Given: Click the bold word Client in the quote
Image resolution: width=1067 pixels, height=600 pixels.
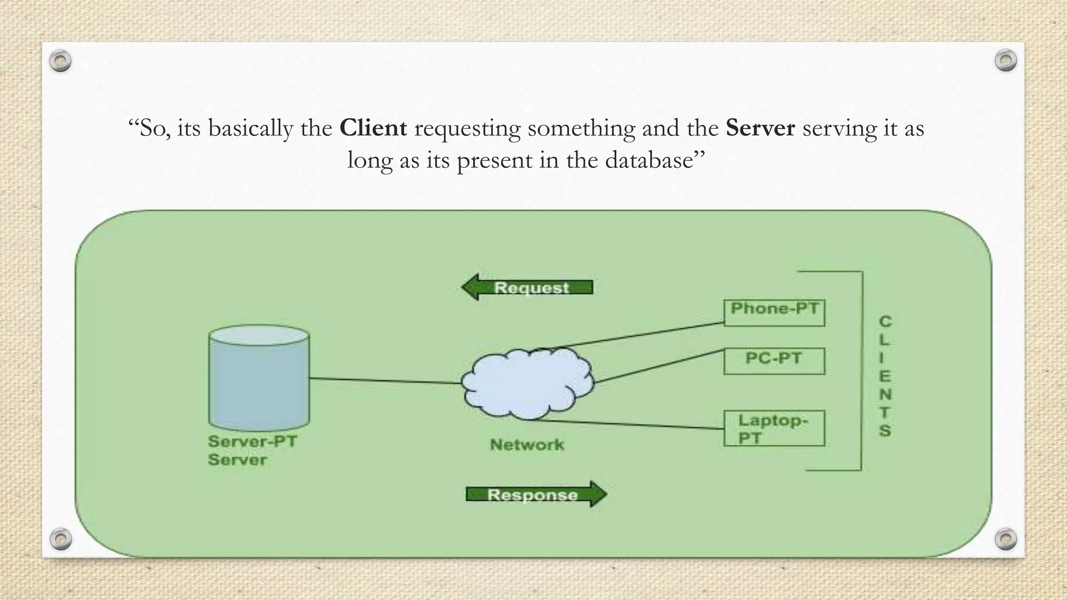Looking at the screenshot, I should pos(373,128).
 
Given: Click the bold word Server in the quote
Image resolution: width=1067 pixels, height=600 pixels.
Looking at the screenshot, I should pos(760,128).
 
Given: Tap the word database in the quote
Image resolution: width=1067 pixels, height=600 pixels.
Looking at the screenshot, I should pos(649,160).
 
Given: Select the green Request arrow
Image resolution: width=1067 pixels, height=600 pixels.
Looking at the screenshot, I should pos(528,287).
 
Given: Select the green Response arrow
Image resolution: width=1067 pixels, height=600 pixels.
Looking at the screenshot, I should pos(536,494).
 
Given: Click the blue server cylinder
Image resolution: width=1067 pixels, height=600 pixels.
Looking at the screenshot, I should pos(259,378).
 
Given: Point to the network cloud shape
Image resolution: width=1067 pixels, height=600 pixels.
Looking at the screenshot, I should pos(527,384).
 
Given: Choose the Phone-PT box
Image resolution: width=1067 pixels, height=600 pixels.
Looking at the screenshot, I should pos(774,313).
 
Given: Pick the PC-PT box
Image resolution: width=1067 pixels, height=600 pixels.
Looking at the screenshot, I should pos(774,361).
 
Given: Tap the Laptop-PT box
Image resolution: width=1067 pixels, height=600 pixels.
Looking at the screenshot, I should pos(774,429).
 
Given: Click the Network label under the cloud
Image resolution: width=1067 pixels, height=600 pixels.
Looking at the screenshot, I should pos(527,445).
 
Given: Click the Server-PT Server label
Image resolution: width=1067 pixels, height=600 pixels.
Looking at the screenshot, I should pos(252,451).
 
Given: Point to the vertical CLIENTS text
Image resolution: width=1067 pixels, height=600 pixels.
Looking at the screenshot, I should pos(885,376).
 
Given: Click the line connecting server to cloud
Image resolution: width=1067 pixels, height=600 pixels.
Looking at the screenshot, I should pos(386,381).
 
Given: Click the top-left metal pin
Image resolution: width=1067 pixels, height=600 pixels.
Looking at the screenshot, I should pos(60,61).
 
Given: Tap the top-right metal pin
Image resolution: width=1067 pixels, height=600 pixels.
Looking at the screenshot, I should pos(1006,60).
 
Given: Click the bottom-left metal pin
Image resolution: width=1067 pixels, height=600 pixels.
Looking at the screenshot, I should pos(60,539).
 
